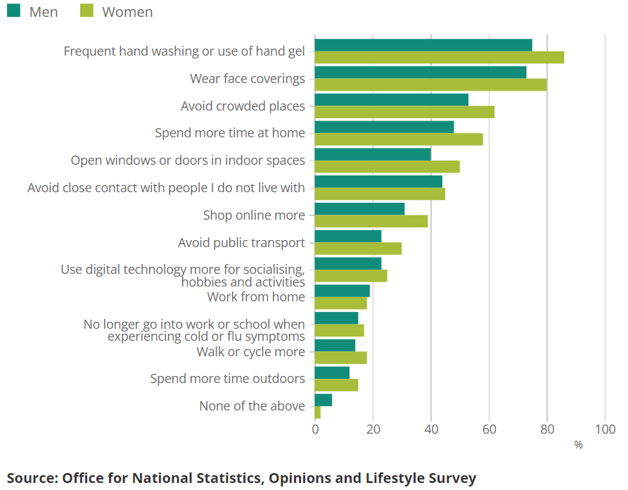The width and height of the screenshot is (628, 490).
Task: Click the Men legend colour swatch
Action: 13,11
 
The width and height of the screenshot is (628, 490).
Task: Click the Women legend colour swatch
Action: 86,11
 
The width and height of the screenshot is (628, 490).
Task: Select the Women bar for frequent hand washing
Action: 439,58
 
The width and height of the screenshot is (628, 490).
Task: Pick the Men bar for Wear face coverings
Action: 420,72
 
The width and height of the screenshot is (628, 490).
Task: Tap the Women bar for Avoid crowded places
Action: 404,112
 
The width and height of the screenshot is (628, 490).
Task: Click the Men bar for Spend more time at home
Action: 384,127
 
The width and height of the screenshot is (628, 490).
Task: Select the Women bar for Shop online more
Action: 371,221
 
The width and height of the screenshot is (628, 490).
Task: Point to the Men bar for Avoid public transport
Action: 347,236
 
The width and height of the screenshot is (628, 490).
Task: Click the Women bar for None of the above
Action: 317,413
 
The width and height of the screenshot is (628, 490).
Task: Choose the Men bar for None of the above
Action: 323,400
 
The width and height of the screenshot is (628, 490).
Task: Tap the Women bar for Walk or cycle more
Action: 340,358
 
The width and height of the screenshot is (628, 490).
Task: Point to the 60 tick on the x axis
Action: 489,429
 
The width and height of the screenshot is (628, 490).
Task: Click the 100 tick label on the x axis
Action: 605,429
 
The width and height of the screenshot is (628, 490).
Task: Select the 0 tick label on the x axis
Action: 314,429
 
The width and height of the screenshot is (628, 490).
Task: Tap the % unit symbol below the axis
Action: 578,445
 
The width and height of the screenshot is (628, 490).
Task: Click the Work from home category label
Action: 256,297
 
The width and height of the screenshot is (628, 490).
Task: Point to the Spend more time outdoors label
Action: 227,379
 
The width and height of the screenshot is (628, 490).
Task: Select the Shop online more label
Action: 254,215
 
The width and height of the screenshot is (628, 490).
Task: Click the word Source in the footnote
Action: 31,479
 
